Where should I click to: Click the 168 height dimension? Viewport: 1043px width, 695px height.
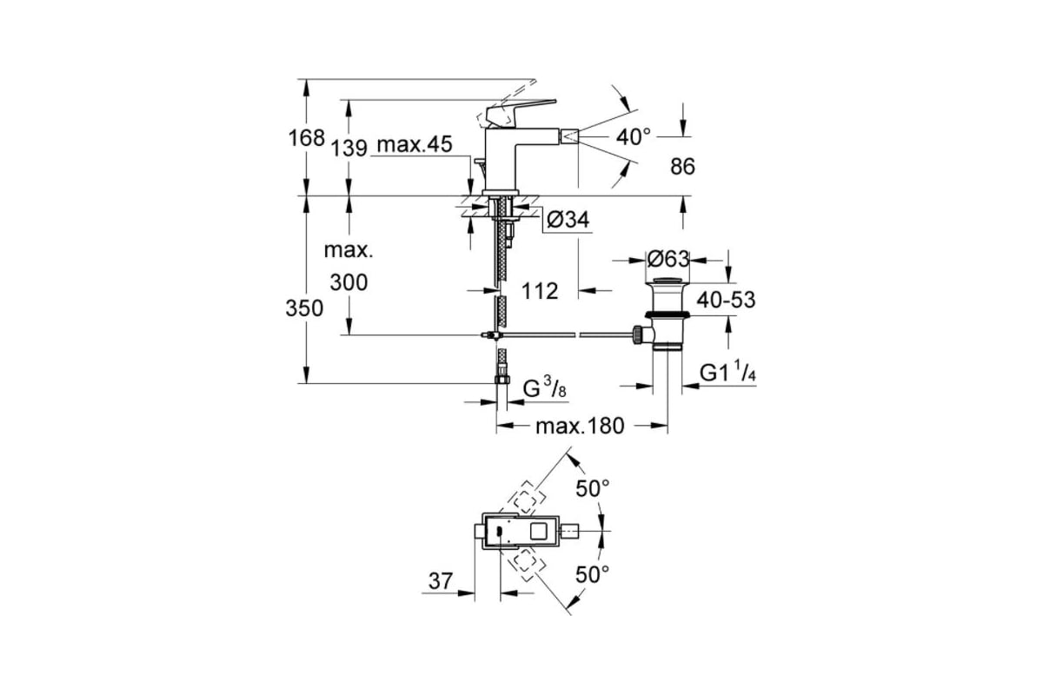306,138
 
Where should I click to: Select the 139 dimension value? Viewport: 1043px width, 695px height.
349,148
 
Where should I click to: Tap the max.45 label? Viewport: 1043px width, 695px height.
415,144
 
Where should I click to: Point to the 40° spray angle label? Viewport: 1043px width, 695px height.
634,137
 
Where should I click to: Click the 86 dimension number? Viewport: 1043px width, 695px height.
682,166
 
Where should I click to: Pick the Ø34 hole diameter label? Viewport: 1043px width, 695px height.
568,219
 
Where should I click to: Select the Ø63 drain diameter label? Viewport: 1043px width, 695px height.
668,259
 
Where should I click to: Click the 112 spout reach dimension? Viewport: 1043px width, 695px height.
540,291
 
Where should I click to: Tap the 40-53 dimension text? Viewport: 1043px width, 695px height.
726,300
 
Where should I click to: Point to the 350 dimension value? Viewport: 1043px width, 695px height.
304,308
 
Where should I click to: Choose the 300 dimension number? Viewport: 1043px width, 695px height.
349,282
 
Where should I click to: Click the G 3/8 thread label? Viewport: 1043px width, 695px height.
545,387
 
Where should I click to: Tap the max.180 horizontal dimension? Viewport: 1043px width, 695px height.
580,426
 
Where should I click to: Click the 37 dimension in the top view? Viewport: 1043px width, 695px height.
441,581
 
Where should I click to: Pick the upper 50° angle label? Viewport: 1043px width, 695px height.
593,489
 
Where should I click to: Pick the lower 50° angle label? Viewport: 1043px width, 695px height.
592,575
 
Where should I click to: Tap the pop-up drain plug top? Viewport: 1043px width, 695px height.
668,281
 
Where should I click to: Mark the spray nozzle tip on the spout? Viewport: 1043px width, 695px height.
570,137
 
